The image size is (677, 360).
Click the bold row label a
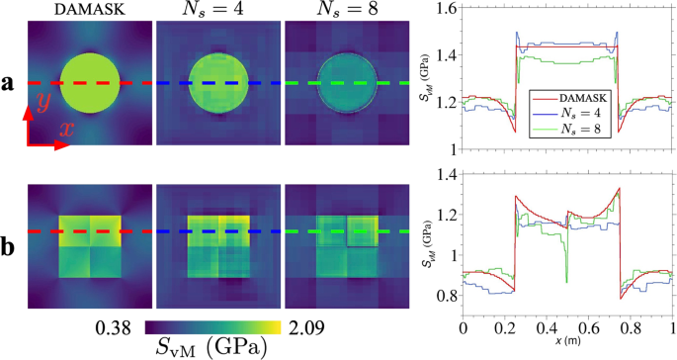pos(9,84)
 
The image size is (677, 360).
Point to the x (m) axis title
pos(567,342)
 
